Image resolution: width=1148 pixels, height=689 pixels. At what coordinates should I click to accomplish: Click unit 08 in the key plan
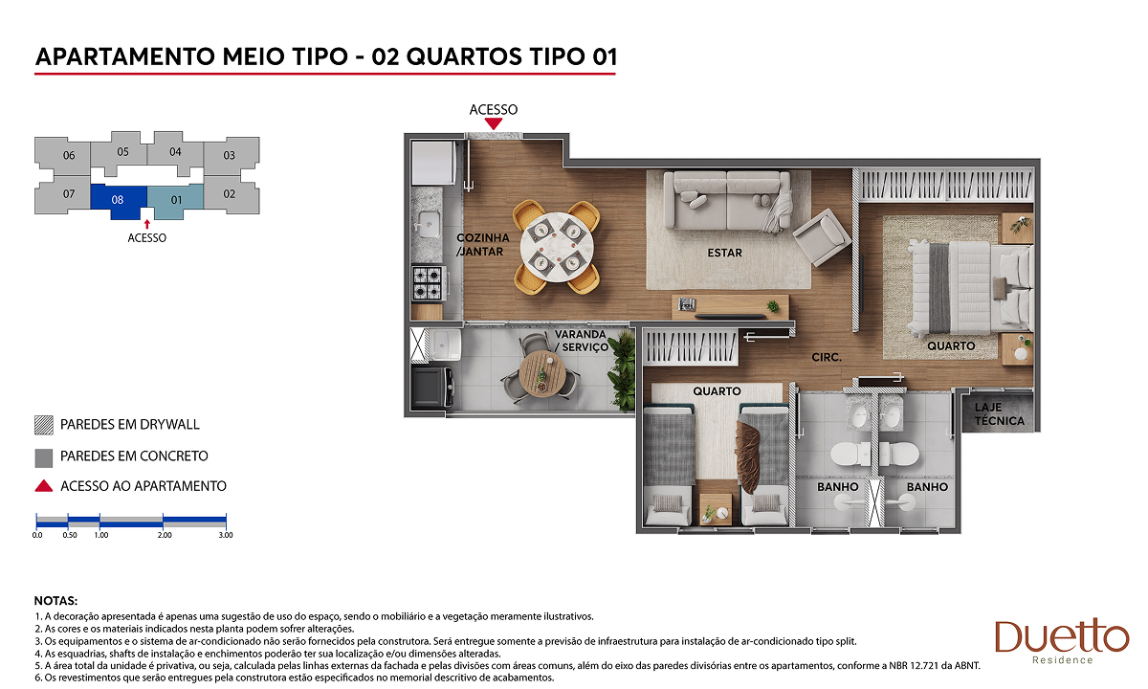pos(118,200)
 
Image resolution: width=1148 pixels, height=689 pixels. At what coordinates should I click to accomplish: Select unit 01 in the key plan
pos(176,200)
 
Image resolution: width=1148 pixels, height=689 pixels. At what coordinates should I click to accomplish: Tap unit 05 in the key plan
pos(122,152)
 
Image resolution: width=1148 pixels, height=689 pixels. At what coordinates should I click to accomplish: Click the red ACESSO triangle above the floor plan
pos(494,123)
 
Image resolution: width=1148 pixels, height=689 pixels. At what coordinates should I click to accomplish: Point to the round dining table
pos(557,247)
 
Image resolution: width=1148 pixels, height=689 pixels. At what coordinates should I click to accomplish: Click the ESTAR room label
pos(725,253)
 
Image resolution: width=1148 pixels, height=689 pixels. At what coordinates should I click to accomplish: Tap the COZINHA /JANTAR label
pos(483,245)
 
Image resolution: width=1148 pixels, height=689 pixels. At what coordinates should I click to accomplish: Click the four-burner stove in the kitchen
pos(428,283)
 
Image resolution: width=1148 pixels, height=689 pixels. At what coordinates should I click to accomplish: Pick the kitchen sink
pos(428,225)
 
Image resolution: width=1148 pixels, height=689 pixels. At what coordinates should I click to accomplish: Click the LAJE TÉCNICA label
pos(1000,414)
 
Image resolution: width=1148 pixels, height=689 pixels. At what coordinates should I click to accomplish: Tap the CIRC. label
pos(827,357)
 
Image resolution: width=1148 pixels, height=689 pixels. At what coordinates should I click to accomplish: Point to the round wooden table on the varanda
pos(542,373)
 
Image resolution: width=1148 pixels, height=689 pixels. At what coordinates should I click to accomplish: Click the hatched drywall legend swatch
pos(44,425)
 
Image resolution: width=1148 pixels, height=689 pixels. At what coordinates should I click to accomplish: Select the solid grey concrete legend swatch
pos(44,457)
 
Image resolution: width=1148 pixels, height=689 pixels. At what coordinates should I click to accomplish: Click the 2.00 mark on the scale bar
pos(164,535)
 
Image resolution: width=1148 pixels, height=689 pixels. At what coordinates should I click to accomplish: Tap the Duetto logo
pos(1062,641)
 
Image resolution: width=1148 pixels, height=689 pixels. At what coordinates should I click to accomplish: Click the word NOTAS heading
pos(55,601)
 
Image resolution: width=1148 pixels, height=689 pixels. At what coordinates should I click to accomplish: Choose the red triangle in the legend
pos(44,486)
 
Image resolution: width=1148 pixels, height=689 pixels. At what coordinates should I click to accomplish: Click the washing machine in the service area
pos(431,385)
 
